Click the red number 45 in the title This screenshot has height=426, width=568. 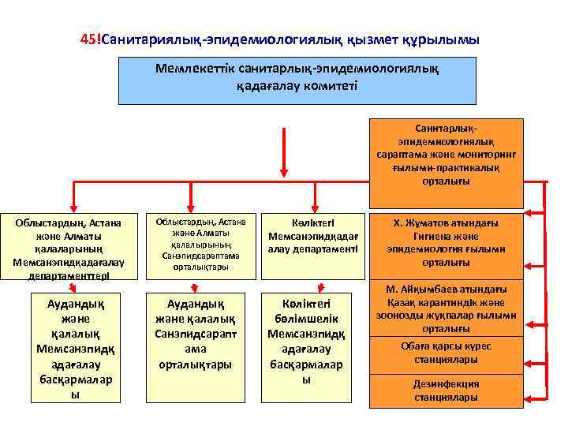pyautogui.click(x=88, y=39)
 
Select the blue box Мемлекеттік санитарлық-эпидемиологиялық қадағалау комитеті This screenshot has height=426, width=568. pyautogui.click(x=297, y=80)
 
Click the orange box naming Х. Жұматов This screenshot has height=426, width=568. pyautogui.click(x=446, y=243)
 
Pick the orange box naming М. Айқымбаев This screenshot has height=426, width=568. pyautogui.click(x=446, y=308)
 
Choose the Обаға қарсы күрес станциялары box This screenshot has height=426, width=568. pyautogui.click(x=446, y=353)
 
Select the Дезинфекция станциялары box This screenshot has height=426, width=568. pyautogui.click(x=446, y=390)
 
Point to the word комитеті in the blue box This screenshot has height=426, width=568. pyautogui.click(x=334, y=84)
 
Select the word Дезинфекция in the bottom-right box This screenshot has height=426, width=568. pyautogui.click(x=446, y=383)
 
